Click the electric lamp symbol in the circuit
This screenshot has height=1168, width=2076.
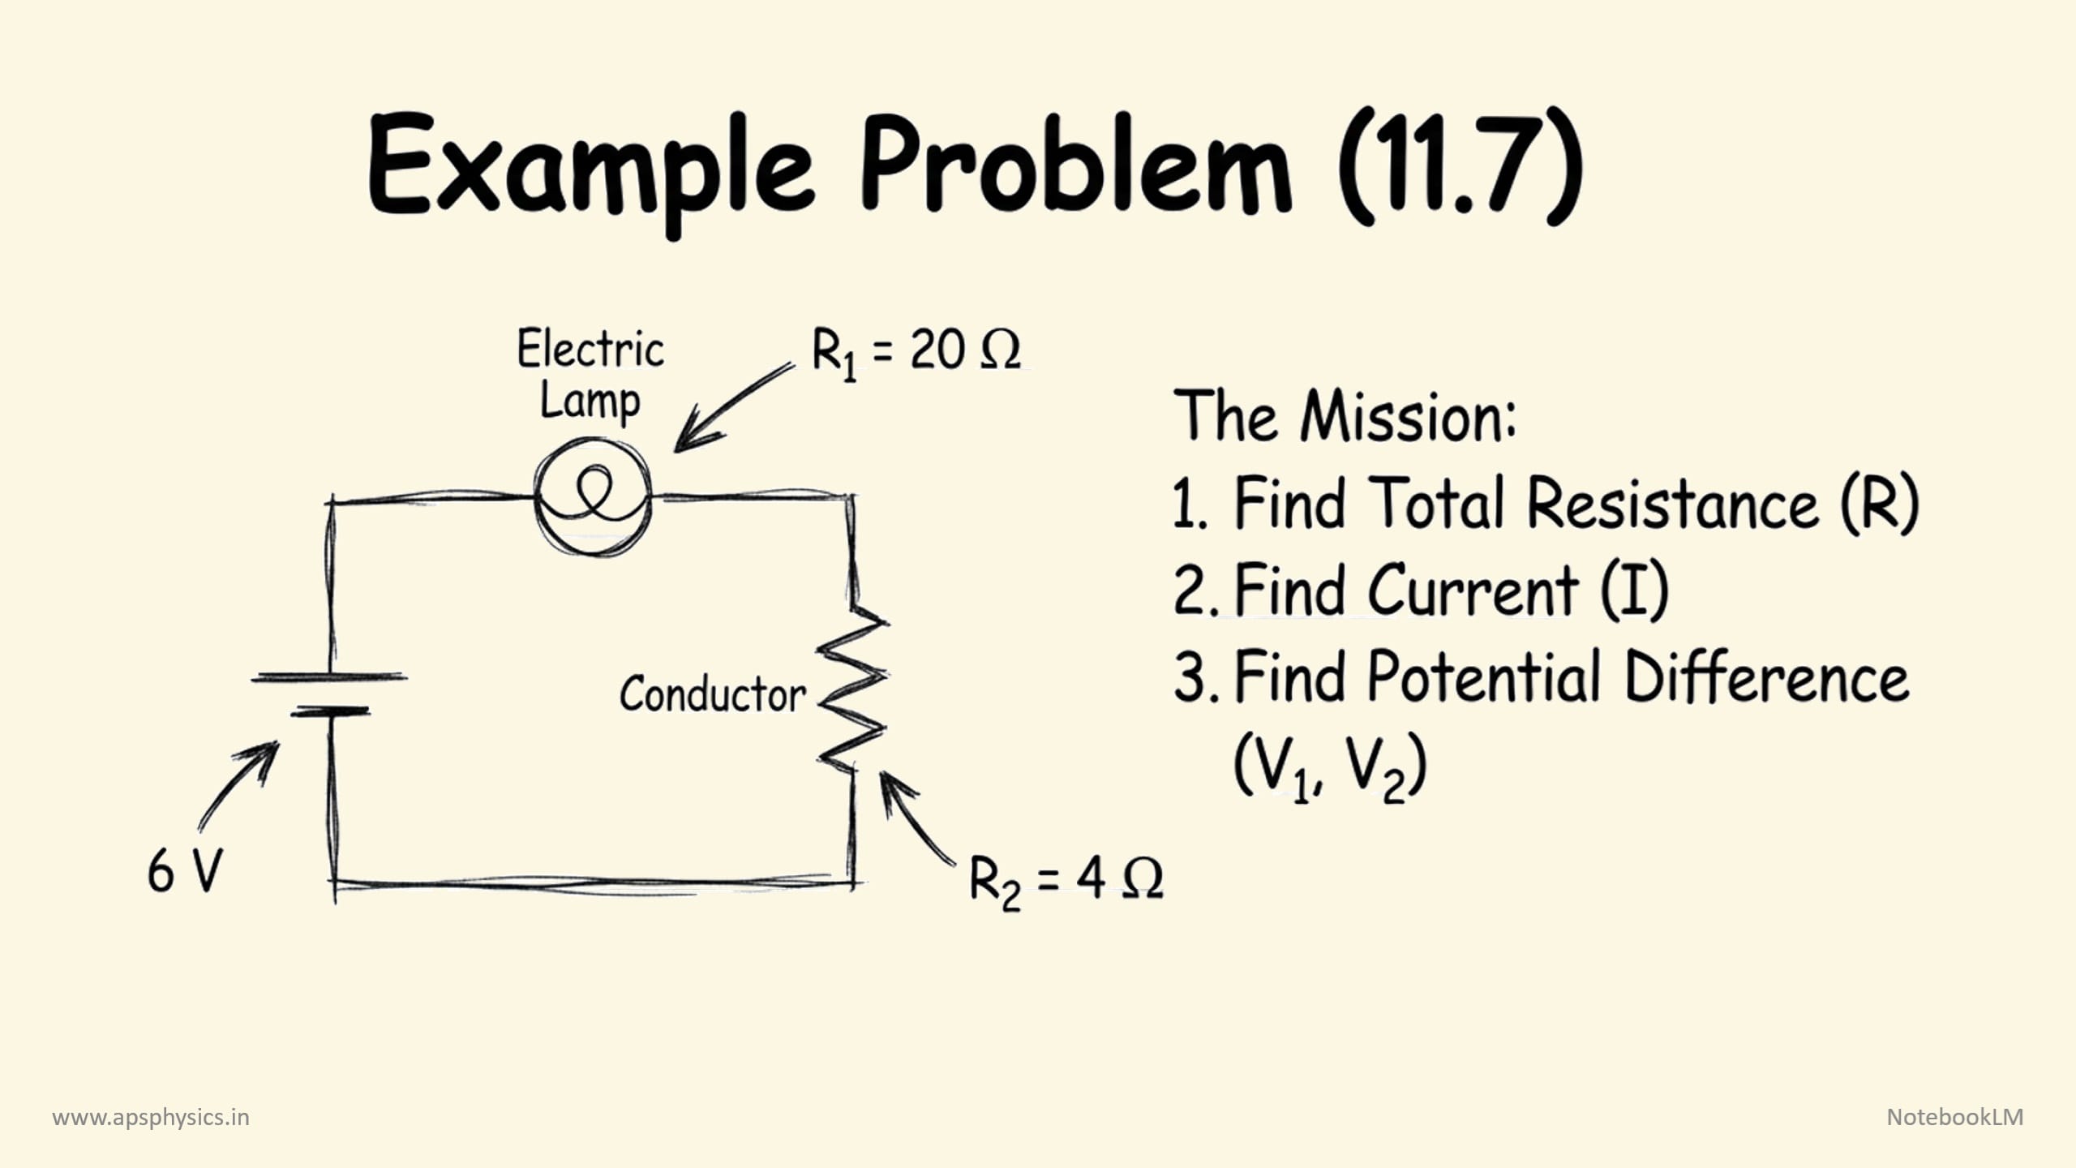(x=593, y=496)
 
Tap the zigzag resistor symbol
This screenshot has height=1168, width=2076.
(x=851, y=689)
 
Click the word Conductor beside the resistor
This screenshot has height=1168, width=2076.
(x=712, y=695)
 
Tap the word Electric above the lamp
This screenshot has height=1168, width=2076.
(x=590, y=350)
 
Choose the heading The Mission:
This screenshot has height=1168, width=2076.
(x=1345, y=417)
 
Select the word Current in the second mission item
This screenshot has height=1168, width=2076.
(x=1473, y=590)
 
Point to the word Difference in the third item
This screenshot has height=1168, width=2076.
(x=1766, y=678)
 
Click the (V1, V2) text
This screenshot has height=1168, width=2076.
(x=1330, y=767)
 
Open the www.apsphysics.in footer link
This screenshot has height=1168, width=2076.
(x=151, y=1118)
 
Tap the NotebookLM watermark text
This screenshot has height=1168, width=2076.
(x=1954, y=1117)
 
